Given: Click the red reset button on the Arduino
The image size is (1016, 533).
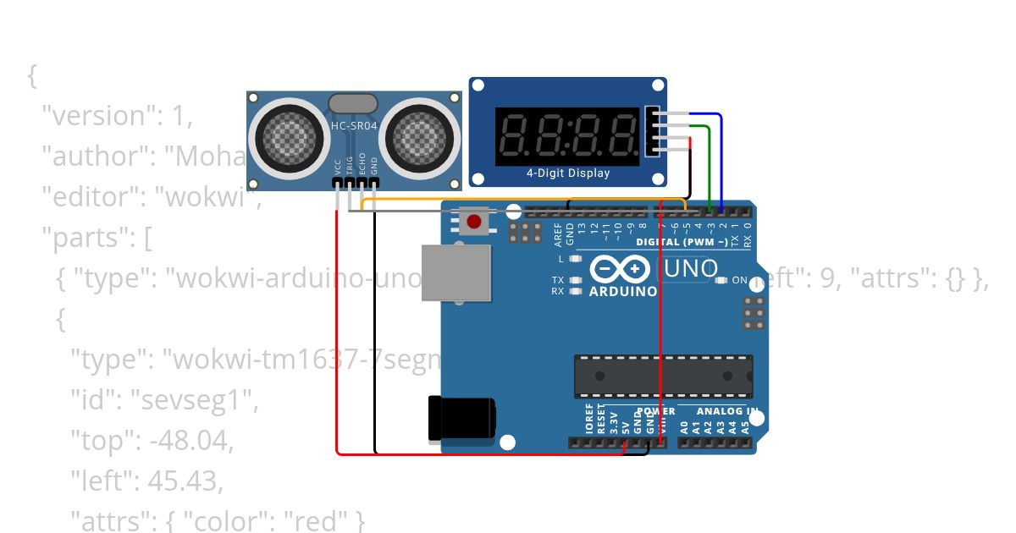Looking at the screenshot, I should (474, 222).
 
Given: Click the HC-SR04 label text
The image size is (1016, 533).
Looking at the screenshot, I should (354, 125).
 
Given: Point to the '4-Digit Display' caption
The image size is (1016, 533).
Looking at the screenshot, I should (567, 173).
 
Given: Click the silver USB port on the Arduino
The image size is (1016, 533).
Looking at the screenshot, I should (456, 272).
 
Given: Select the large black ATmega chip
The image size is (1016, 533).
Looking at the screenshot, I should (663, 376).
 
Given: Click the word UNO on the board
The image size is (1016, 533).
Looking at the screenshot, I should (692, 270).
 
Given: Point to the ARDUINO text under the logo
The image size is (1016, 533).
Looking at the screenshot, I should (623, 291).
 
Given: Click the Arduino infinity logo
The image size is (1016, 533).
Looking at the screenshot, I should (623, 269).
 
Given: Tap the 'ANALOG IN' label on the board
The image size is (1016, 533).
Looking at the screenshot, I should (727, 411).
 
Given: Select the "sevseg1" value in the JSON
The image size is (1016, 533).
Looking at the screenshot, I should (193, 401).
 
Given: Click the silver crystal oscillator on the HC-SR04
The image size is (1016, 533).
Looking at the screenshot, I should (353, 104).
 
